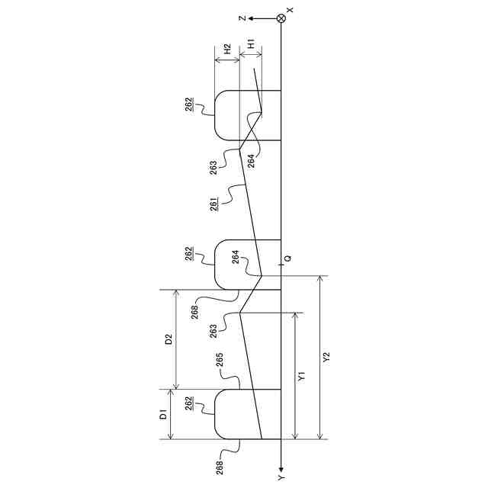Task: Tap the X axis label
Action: point(290,10)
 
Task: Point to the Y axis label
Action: point(281,477)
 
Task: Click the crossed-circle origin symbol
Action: point(281,18)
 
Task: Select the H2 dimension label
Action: point(227,51)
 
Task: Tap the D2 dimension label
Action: point(169,339)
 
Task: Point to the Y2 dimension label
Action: point(326,358)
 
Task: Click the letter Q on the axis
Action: point(288,258)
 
